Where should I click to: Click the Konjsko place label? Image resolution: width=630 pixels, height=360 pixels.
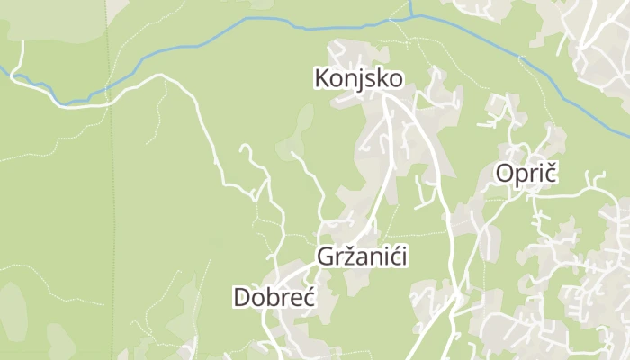[358, 79]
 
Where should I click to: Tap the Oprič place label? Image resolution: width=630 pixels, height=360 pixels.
[526, 174]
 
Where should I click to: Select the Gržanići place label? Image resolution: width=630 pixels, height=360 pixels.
[363, 256]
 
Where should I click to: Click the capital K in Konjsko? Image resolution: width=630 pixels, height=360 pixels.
[321, 79]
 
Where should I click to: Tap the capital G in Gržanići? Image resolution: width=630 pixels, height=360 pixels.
[325, 256]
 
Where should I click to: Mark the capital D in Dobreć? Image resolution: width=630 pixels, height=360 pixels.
[240, 297]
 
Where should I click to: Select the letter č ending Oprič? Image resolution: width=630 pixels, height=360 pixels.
[551, 174]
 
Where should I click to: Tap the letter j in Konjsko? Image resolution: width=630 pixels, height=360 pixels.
[362, 81]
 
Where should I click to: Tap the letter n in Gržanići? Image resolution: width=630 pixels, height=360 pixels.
[374, 257]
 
